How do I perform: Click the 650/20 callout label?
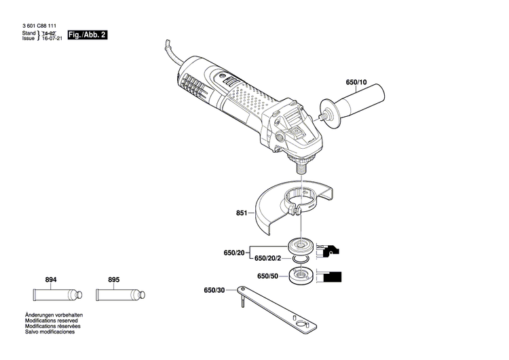click(233, 253)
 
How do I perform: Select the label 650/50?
click(267, 276)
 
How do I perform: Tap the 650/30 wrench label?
click(214, 291)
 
